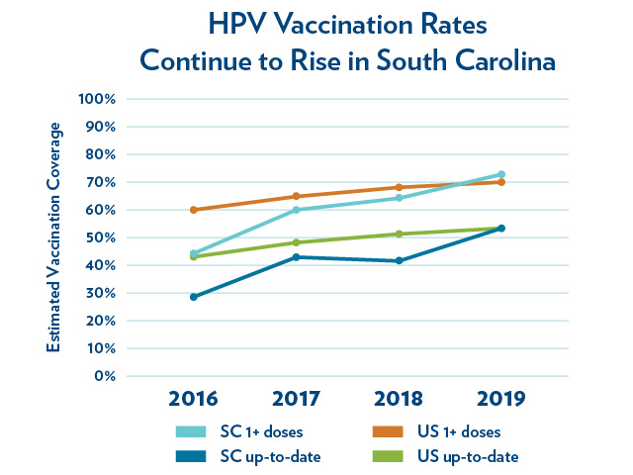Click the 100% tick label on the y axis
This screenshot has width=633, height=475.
99,99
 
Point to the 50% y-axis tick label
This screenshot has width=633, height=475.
102,237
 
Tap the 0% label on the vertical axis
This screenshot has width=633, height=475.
107,376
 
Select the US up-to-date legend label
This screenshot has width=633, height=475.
467,455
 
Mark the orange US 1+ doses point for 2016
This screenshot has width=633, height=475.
194,210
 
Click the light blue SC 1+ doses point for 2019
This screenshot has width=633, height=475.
501,175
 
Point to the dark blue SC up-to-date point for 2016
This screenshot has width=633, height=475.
194,297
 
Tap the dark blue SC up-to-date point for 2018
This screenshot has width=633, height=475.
399,261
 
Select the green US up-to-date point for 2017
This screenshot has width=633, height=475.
296,242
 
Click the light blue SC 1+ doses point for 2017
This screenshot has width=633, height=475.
296,210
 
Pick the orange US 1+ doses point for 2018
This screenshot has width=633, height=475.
399,187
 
